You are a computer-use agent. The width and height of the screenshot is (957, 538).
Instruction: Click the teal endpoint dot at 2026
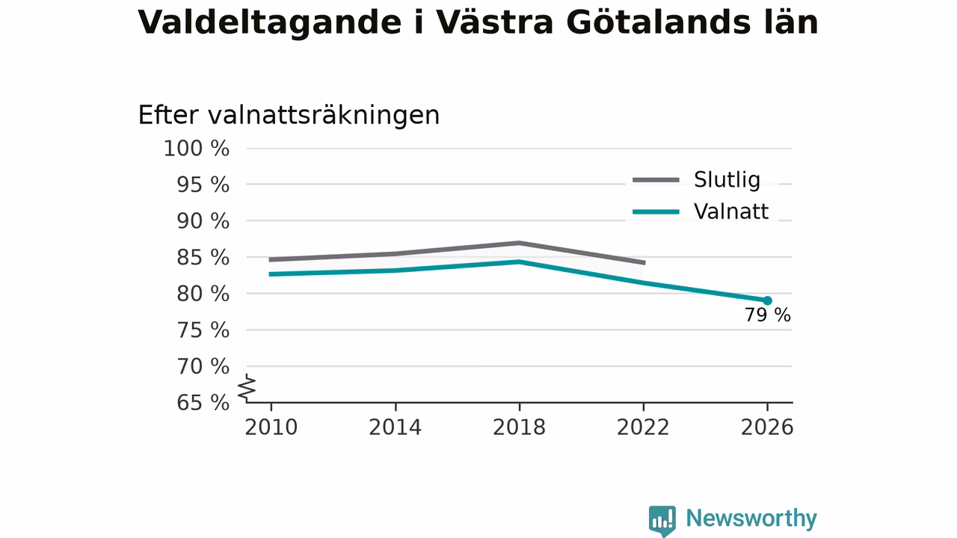coord(767,300)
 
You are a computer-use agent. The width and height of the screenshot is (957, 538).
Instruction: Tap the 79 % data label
coord(768,315)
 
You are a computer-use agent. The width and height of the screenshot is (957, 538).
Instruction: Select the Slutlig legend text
coord(727,179)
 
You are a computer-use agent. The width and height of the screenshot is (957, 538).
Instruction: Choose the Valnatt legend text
coord(731,211)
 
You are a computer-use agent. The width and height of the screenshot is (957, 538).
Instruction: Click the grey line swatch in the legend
coord(656,180)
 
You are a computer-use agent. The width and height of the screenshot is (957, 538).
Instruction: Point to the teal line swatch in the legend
coord(656,211)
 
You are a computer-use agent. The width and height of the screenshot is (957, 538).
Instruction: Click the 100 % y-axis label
coord(197,149)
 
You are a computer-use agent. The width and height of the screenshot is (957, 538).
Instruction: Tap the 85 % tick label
coord(203,258)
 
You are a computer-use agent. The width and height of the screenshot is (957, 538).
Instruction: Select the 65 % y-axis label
coord(203,403)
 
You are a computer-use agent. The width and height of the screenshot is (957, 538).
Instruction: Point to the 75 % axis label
coord(203,330)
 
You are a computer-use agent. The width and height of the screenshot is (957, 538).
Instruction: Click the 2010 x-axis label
coord(271,427)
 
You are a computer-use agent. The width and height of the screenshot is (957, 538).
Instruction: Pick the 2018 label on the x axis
coord(519,427)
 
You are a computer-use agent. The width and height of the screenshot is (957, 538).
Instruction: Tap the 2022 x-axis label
coord(643,427)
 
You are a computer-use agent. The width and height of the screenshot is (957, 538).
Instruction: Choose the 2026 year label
coord(767,427)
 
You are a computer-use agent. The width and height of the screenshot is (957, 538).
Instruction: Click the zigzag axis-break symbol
coord(247,388)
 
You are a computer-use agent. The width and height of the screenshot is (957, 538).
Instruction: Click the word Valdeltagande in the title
coord(270,23)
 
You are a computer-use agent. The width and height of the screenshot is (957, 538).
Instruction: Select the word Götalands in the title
coord(659,22)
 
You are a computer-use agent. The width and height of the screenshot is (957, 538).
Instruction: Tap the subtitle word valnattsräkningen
coord(324,115)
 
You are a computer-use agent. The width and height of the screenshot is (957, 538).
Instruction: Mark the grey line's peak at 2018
coord(519,243)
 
